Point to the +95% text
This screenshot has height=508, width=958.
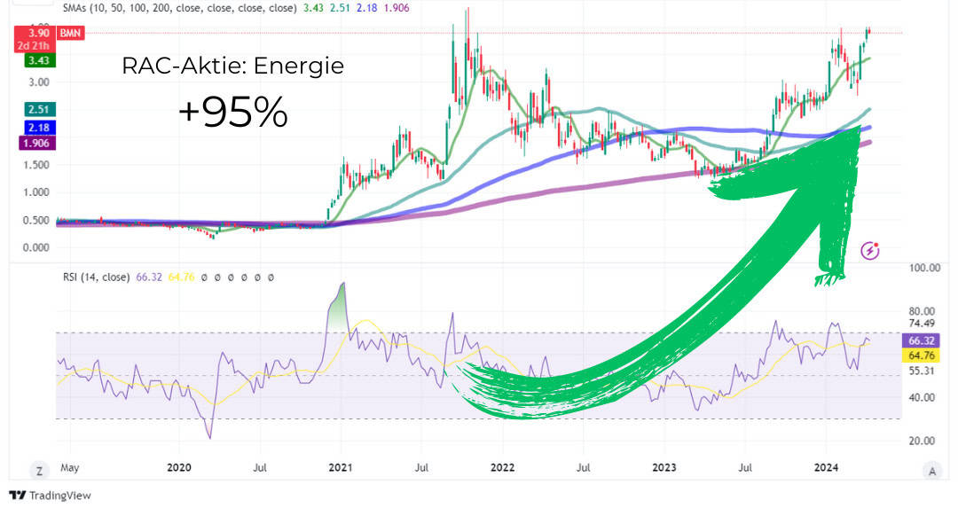[x=232, y=113]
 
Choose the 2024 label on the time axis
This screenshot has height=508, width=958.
[x=827, y=466]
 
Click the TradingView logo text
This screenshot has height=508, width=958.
[x=59, y=496]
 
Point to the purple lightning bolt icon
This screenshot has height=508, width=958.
[x=870, y=251]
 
